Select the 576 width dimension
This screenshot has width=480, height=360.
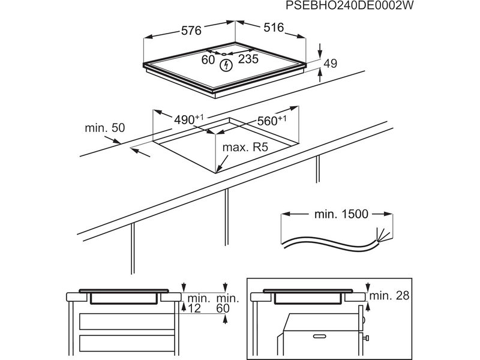191,30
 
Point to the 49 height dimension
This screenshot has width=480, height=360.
331,64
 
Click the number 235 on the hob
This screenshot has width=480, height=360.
248,59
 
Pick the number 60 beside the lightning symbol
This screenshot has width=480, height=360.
208,59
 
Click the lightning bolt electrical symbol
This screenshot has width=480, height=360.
227,64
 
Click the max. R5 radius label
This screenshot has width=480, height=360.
245,147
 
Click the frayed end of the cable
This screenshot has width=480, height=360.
379,235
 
